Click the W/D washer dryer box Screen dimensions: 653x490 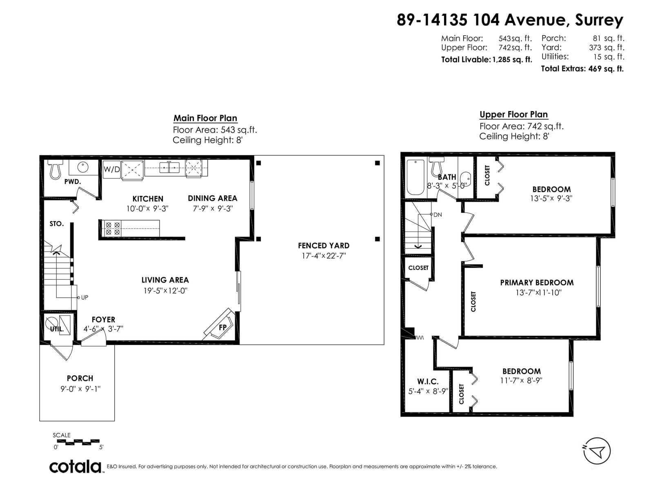pyautogui.click(x=111, y=169)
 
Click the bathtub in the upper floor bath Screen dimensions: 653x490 pyautogui.click(x=415, y=177)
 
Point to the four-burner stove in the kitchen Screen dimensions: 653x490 pyautogui.click(x=113, y=229)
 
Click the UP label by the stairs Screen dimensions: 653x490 pyautogui.click(x=84, y=298)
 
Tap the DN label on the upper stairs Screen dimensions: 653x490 pyautogui.click(x=438, y=214)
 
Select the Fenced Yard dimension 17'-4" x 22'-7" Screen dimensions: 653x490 pyautogui.click(x=324, y=256)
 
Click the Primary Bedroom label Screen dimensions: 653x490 pyautogui.click(x=537, y=282)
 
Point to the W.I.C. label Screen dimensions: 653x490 pyautogui.click(x=428, y=381)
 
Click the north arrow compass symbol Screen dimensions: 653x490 pyautogui.click(x=597, y=451)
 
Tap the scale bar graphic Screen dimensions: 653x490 pyautogui.click(x=78, y=442)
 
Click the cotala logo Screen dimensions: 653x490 pyautogui.click(x=76, y=467)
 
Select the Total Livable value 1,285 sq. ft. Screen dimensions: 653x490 pyautogui.click(x=512, y=60)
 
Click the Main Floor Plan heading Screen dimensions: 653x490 pyautogui.click(x=205, y=118)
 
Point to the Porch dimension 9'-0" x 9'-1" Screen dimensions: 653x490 pyautogui.click(x=80, y=389)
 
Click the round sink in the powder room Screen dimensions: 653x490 pyautogui.click(x=83, y=167)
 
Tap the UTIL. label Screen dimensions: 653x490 pyautogui.click(x=56, y=329)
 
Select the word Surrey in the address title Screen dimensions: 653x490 pyautogui.click(x=599, y=20)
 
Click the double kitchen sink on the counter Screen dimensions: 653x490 pyautogui.click(x=169, y=167)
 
